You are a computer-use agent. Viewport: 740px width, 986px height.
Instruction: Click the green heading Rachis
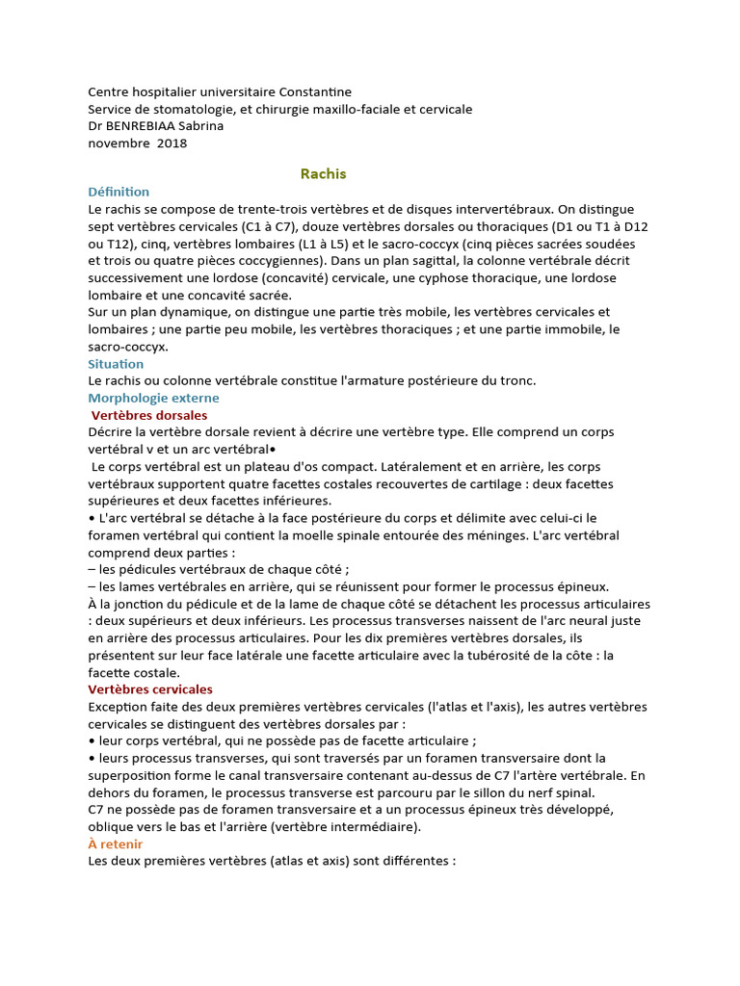click(x=323, y=174)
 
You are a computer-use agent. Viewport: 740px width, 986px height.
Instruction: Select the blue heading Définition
click(x=119, y=192)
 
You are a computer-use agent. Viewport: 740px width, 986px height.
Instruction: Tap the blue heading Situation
click(x=116, y=364)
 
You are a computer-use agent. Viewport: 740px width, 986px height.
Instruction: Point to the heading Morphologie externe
click(x=153, y=398)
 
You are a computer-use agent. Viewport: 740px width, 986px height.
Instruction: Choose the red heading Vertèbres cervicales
click(x=150, y=689)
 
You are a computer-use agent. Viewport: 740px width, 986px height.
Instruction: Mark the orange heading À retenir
click(x=116, y=843)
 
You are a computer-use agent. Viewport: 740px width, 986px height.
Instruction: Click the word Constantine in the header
click(x=313, y=91)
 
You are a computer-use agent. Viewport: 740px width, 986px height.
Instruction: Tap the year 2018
click(x=171, y=143)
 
